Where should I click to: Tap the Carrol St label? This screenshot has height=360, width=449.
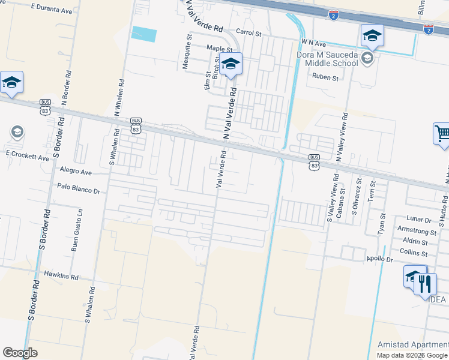pyautogui.click(x=249, y=34)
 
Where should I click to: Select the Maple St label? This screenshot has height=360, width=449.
pyautogui.click(x=219, y=48)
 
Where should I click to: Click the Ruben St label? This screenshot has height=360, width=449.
pyautogui.click(x=325, y=77)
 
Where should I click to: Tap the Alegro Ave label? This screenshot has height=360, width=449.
pyautogui.click(x=76, y=171)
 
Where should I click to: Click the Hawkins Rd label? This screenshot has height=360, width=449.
pyautogui.click(x=61, y=277)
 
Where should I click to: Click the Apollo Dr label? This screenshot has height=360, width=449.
pyautogui.click(x=379, y=259)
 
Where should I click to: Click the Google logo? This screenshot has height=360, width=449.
pyautogui.click(x=20, y=353)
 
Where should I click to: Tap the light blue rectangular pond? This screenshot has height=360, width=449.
pyautogui.click(x=143, y=34)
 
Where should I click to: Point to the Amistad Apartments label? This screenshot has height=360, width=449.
pyautogui.click(x=413, y=344)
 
